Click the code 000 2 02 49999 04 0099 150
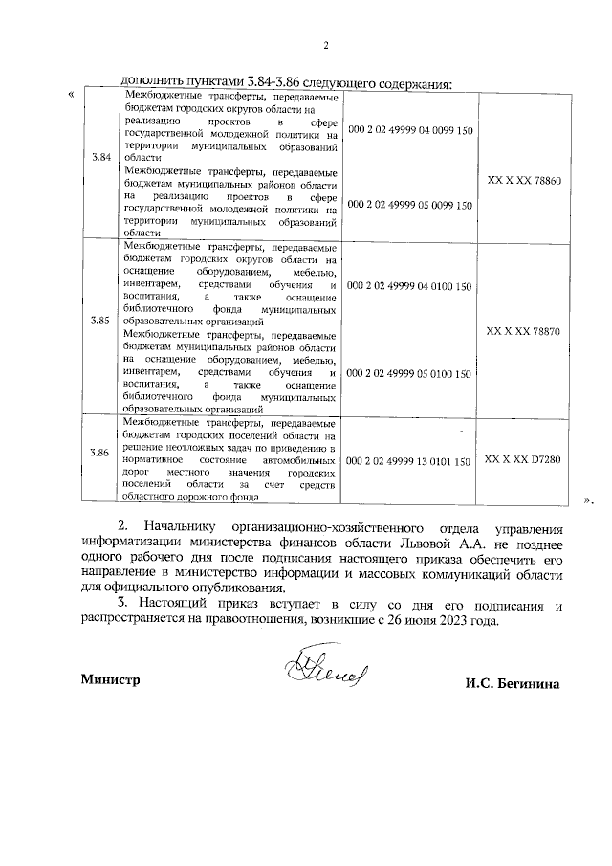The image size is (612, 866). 409,130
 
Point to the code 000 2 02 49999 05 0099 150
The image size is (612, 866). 409,205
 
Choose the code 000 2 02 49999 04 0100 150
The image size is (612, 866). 409,286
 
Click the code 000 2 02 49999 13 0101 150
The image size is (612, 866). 409,461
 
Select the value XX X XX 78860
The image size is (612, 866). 524,180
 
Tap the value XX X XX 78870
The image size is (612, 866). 524,330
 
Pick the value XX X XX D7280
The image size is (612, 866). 524,460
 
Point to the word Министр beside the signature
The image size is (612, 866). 111,680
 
